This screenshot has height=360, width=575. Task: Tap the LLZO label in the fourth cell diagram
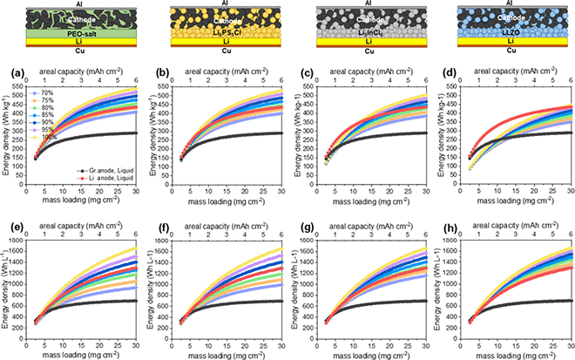(504, 32)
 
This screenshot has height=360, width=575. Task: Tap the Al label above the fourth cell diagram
(504, 3)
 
